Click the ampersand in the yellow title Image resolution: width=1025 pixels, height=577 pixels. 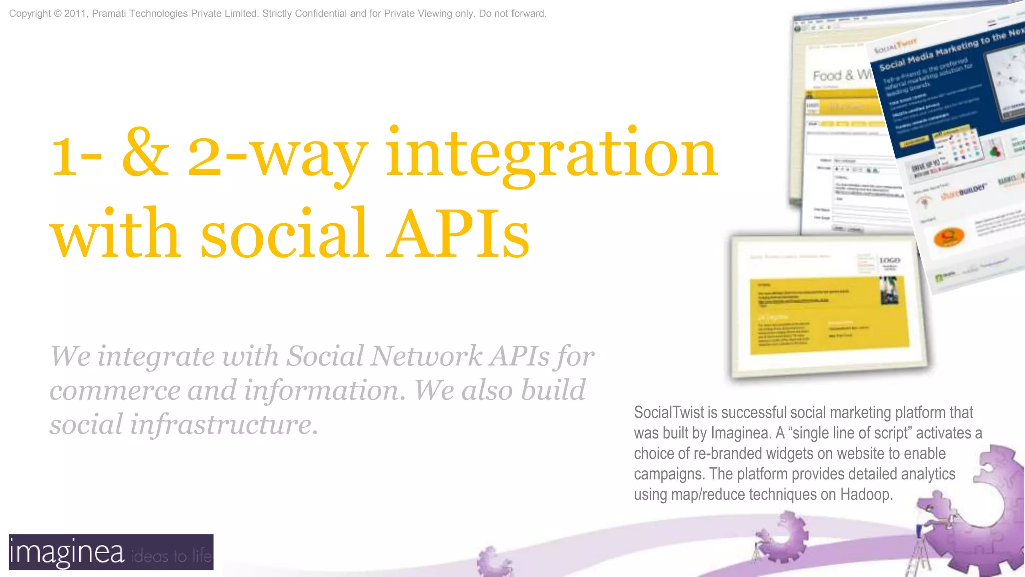pyautogui.click(x=145, y=153)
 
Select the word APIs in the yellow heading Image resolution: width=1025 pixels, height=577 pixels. pyautogui.click(x=459, y=234)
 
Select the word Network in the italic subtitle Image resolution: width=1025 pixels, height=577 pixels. pyautogui.click(x=427, y=356)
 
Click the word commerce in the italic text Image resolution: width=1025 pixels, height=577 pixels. pyautogui.click(x=115, y=390)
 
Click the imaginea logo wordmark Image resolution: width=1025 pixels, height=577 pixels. pyautogui.click(x=67, y=552)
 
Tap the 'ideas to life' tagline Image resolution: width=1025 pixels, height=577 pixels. pyautogui.click(x=171, y=556)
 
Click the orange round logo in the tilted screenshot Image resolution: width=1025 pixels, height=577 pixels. pyautogui.click(x=948, y=236)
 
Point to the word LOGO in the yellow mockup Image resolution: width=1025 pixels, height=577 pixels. pyautogui.click(x=890, y=261)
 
